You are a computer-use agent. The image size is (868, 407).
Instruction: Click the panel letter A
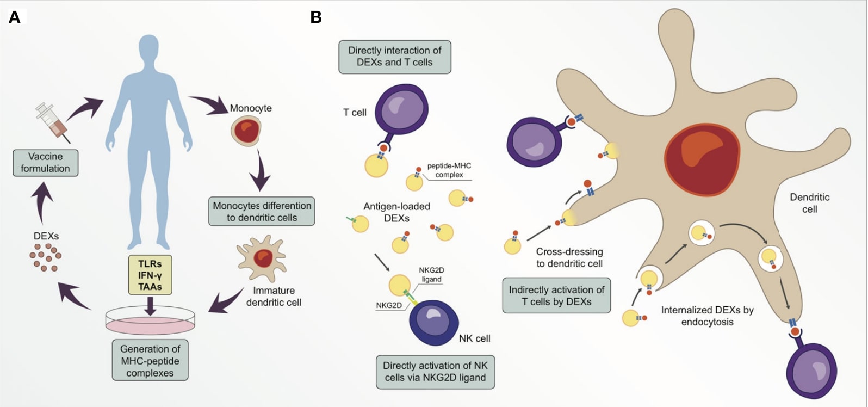click(15, 17)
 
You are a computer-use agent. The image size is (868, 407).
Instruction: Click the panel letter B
click(316, 17)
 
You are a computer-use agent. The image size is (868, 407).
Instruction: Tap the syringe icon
click(52, 121)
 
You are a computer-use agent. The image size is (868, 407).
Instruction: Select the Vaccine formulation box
click(46, 163)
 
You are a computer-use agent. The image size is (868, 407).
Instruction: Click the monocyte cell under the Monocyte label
click(246, 131)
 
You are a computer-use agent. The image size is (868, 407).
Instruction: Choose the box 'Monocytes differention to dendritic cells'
click(262, 212)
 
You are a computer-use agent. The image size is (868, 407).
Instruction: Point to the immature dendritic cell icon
click(262, 258)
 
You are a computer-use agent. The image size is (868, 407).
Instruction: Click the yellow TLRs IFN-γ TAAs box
click(150, 275)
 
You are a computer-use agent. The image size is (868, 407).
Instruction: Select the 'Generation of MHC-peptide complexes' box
click(150, 361)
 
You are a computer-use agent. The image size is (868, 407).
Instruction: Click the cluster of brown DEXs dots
click(45, 257)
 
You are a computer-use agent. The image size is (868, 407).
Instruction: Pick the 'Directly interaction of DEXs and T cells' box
click(394, 57)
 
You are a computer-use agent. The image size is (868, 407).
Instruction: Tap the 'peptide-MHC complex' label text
click(449, 170)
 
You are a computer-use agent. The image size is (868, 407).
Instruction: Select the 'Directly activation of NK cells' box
click(435, 372)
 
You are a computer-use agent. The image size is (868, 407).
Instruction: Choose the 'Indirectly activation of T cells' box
click(556, 295)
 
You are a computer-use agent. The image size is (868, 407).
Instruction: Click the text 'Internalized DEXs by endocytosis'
click(707, 316)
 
